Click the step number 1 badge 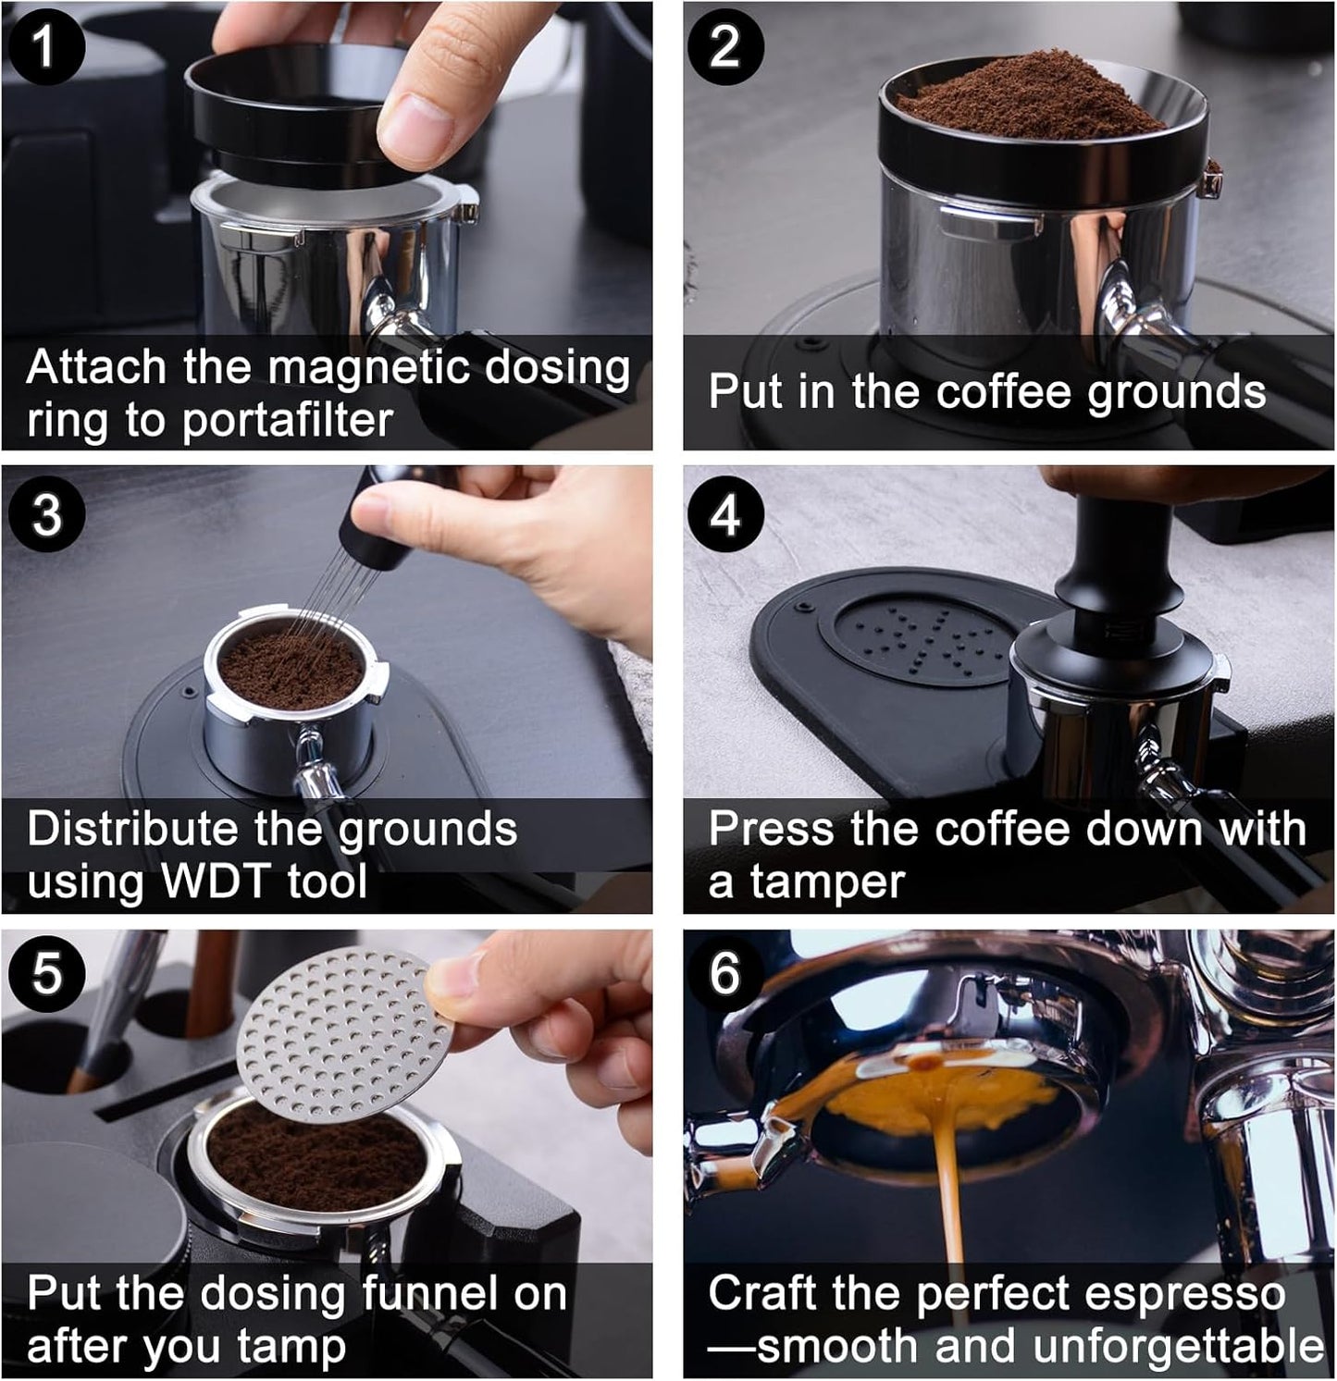pyautogui.click(x=45, y=45)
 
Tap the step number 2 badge pyautogui.click(x=725, y=45)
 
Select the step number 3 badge pyautogui.click(x=45, y=514)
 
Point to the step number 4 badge pyautogui.click(x=725, y=514)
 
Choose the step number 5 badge pyautogui.click(x=45, y=973)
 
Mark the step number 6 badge pyautogui.click(x=725, y=973)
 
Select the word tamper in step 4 pyautogui.click(x=826, y=882)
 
